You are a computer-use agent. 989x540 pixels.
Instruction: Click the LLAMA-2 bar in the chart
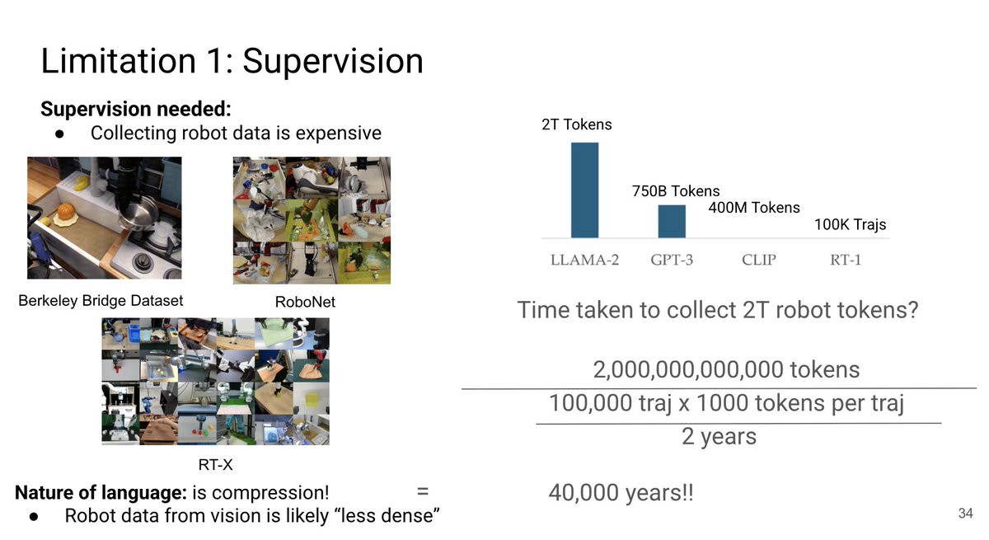tap(584, 190)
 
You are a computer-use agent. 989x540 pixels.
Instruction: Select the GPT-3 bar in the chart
tap(672, 221)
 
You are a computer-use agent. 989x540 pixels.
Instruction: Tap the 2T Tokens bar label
tap(577, 124)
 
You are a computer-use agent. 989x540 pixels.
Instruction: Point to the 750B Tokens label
tap(676, 190)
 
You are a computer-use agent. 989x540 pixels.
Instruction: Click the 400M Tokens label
tap(754, 208)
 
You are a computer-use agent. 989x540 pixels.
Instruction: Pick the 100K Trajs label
tap(850, 225)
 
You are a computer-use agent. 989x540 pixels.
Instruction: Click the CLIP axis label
tap(758, 260)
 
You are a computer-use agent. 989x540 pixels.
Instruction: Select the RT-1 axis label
tap(846, 260)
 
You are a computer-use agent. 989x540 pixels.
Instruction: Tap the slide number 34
tap(966, 513)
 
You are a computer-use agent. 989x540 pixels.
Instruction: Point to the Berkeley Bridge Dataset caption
tap(101, 301)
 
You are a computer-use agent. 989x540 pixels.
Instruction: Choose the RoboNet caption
tap(305, 302)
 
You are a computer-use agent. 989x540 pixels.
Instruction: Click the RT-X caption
tap(215, 464)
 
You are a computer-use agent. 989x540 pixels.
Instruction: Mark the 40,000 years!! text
tap(621, 493)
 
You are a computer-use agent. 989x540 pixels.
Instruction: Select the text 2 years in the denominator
tap(719, 436)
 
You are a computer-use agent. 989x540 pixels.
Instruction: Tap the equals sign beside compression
tap(423, 491)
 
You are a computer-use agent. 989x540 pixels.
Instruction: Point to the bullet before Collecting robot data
tap(59, 134)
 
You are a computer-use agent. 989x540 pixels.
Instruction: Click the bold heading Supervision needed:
tap(136, 109)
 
